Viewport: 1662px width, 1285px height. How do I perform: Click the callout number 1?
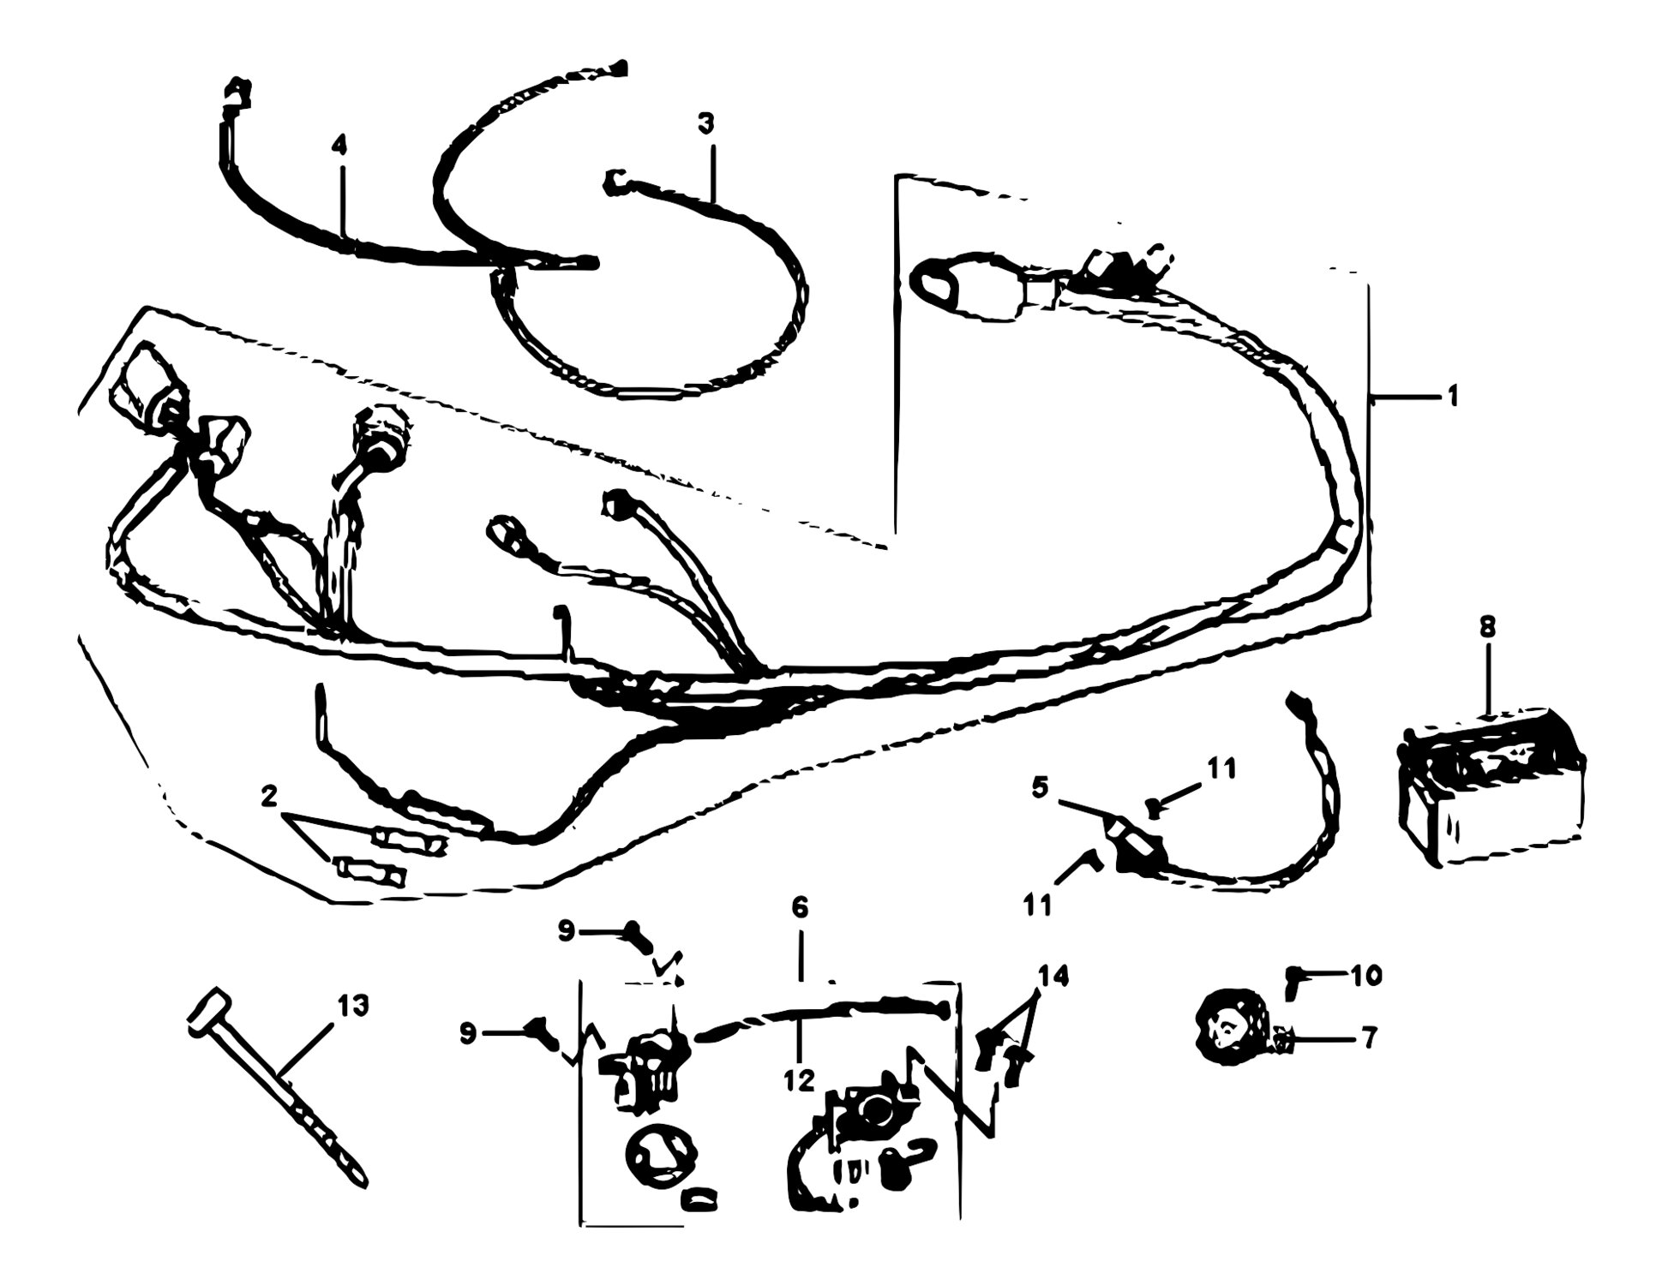[x=1452, y=397]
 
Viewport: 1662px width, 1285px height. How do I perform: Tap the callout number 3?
[x=705, y=124]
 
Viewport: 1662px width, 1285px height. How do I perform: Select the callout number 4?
[x=340, y=146]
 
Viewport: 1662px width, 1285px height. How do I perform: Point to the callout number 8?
[x=1487, y=627]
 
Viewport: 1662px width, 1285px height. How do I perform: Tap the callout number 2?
[x=269, y=798]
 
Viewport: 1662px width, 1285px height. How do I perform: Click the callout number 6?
[x=800, y=907]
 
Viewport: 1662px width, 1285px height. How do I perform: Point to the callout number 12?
[x=798, y=1081]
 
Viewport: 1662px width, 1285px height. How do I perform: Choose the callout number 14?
[x=1053, y=976]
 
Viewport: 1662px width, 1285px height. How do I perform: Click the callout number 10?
[x=1366, y=975]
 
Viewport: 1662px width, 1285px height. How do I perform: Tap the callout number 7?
[x=1369, y=1038]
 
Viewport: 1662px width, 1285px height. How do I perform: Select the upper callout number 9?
[x=567, y=932]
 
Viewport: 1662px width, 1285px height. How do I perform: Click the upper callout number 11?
[x=1221, y=768]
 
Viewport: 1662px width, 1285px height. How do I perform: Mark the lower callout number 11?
[x=1037, y=905]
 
